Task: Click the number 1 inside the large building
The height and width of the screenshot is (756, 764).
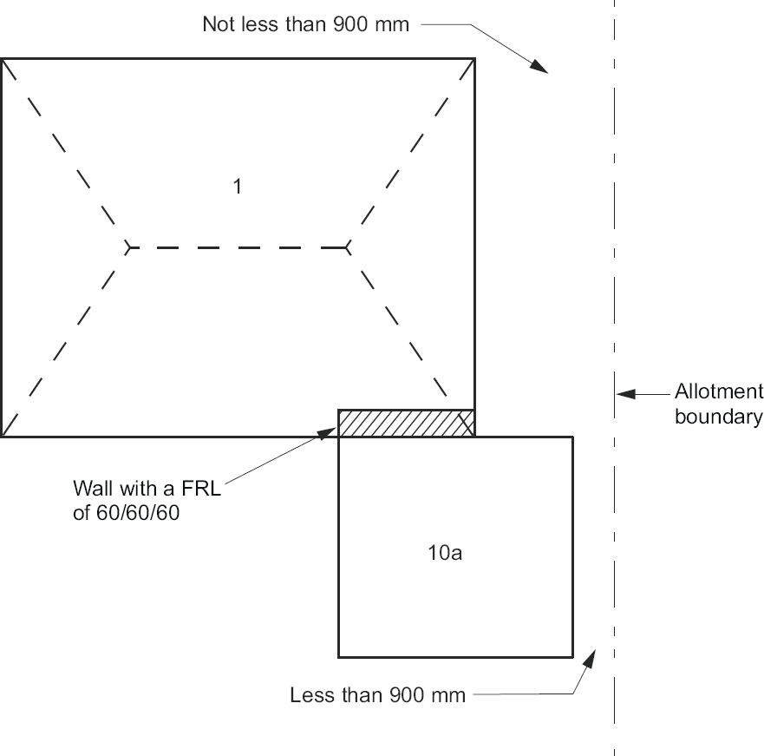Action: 238,187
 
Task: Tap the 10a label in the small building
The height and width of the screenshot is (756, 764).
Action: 445,553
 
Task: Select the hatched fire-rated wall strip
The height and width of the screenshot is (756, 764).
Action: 406,424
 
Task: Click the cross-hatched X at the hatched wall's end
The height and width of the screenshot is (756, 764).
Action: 467,424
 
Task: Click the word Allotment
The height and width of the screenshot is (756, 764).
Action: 719,391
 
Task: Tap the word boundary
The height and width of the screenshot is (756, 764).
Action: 718,417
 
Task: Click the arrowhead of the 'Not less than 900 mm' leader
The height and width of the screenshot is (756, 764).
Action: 539,66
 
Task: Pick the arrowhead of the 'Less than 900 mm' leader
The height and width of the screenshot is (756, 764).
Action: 590,659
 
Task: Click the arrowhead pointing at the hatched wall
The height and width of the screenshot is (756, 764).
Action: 327,433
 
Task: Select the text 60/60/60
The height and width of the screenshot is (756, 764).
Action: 138,513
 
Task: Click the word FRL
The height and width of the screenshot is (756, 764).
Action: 201,488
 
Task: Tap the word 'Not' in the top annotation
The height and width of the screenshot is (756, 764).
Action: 218,24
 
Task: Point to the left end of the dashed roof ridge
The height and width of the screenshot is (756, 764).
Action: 127,247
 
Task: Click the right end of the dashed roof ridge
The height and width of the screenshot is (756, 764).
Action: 347,247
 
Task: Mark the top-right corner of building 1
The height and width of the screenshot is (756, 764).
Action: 474,59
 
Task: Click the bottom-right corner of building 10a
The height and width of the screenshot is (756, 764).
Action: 572,657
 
